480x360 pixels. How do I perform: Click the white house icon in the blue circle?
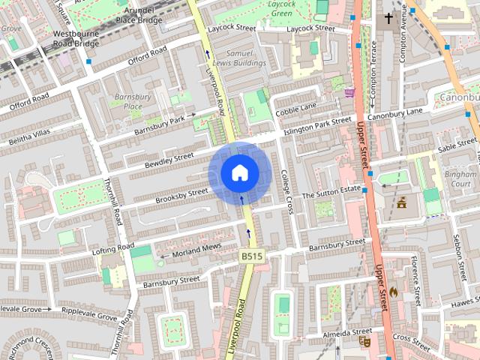239,173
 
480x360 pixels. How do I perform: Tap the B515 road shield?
252,256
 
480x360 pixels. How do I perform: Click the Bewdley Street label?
169,160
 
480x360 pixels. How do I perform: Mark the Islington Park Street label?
316,127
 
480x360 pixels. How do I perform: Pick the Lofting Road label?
112,248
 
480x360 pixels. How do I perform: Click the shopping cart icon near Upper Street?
349,92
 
